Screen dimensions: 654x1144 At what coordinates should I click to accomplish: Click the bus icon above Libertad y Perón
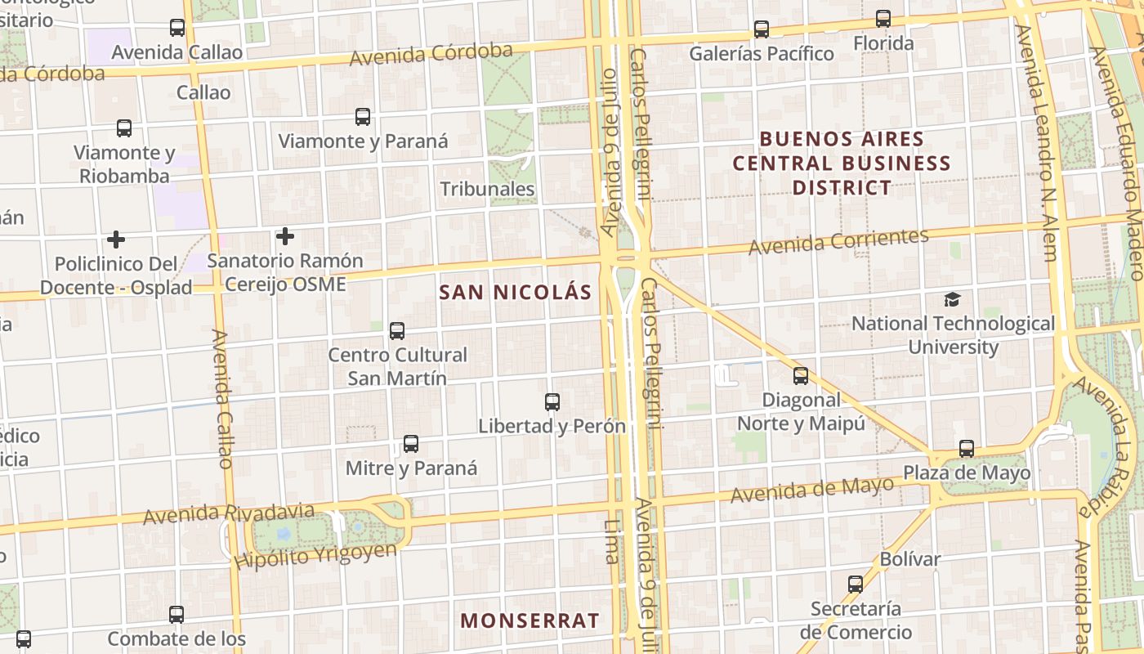[x=552, y=402]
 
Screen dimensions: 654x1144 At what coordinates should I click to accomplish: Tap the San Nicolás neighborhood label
[x=515, y=293]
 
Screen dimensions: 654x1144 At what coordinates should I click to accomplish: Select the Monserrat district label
[x=530, y=620]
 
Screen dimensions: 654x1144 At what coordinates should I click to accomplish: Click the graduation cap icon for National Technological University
[x=952, y=299]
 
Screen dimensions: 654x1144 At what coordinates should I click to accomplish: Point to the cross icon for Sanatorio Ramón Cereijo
[x=284, y=237]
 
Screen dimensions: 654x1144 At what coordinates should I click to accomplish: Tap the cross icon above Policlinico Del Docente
[x=116, y=240]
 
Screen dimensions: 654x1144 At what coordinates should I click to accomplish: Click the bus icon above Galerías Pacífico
[x=762, y=29]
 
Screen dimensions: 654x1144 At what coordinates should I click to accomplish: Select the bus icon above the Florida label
[x=883, y=19]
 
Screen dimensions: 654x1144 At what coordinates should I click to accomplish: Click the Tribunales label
[x=487, y=189]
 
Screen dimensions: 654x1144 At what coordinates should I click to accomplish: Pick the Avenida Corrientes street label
[x=838, y=241]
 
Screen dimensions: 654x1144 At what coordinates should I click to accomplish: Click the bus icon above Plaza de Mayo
[x=967, y=449]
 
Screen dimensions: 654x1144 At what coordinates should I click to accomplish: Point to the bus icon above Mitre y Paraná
[x=411, y=444]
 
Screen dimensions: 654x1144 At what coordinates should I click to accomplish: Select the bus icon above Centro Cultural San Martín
[x=397, y=331]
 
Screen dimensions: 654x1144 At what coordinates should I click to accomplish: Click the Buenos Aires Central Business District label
[x=842, y=163]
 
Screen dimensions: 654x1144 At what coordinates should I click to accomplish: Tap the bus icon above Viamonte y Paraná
[x=363, y=117]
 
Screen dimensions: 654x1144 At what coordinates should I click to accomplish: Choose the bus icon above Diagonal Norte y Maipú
[x=801, y=376]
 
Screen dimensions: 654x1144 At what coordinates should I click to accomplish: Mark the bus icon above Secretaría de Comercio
[x=856, y=585]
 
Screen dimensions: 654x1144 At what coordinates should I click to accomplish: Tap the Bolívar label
[x=910, y=560]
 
